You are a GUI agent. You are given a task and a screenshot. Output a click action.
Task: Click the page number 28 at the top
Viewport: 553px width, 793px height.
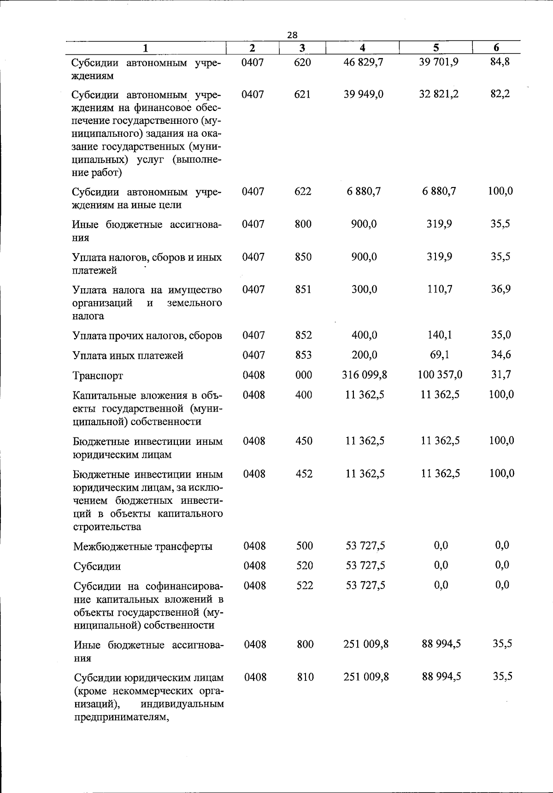292,35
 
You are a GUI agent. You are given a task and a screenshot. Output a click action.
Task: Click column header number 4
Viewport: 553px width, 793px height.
363,48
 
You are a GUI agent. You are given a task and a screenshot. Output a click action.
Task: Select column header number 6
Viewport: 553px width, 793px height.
496,47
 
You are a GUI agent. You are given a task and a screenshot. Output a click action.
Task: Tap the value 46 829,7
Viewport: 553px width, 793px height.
364,62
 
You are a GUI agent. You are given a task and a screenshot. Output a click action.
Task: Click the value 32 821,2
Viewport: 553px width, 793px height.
439,94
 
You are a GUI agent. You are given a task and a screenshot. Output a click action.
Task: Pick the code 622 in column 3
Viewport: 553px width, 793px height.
303,192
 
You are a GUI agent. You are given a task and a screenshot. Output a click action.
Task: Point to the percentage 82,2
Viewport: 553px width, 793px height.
500,94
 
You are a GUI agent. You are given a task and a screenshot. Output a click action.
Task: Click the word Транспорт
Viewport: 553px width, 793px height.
98,376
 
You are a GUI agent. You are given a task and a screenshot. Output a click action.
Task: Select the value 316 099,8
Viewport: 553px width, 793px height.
365,375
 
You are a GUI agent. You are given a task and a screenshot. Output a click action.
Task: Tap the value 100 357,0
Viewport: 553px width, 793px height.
440,375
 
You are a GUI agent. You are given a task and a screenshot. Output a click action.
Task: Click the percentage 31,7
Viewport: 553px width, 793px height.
501,374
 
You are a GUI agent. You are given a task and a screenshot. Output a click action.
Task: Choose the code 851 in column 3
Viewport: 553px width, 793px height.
303,289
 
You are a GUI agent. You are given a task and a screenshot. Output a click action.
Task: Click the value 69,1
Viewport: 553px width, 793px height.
440,355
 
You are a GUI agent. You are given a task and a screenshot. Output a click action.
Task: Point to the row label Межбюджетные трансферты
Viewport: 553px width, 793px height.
143,547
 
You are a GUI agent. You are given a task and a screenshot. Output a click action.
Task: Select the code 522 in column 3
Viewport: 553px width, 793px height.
305,585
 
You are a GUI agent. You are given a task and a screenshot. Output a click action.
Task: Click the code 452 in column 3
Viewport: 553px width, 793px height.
304,474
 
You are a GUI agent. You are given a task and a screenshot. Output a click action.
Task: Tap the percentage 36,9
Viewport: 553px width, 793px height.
500,289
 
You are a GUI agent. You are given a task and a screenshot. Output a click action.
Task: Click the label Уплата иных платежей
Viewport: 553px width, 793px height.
128,356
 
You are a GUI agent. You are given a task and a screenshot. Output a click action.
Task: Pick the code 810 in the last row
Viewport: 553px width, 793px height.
305,677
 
